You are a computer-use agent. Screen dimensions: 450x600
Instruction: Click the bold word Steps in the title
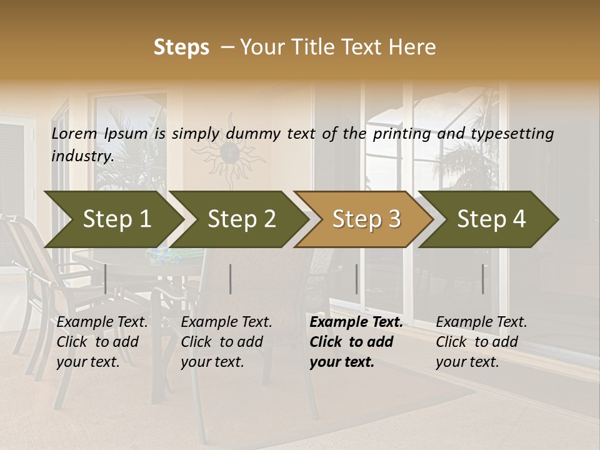pos(181,47)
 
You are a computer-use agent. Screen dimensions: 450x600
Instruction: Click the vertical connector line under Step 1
pos(106,279)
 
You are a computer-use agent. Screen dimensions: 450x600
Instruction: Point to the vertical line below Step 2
pos(231,279)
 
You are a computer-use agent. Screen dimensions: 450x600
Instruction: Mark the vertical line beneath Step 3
pos(357,279)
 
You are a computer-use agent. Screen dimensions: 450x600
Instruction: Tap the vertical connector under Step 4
pos(483,279)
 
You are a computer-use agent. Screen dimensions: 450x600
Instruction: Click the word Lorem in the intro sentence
pos(74,134)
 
